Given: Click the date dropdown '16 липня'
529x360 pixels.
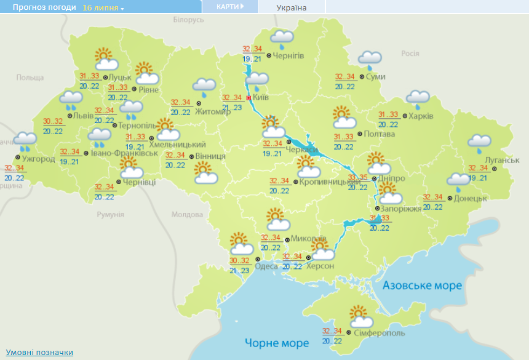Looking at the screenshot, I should [x=103, y=8].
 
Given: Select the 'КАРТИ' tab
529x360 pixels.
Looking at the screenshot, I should [x=230, y=7].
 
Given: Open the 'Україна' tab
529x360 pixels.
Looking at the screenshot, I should [x=292, y=8].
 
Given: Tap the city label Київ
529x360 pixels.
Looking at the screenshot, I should [x=261, y=97].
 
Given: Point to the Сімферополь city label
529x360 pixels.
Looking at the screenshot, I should [x=380, y=333].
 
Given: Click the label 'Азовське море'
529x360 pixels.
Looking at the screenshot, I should [x=422, y=286].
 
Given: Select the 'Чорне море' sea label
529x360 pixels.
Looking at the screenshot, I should [x=277, y=343].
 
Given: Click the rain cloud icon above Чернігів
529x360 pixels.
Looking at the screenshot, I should [x=282, y=39].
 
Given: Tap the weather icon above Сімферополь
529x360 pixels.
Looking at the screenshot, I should [x=361, y=316].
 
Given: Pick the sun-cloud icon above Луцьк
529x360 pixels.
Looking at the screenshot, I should [x=106, y=59].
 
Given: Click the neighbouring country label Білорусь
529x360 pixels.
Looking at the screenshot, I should [x=188, y=20].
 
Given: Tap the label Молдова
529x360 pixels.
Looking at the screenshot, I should [x=187, y=215].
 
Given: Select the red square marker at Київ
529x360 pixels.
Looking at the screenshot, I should [x=249, y=97].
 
